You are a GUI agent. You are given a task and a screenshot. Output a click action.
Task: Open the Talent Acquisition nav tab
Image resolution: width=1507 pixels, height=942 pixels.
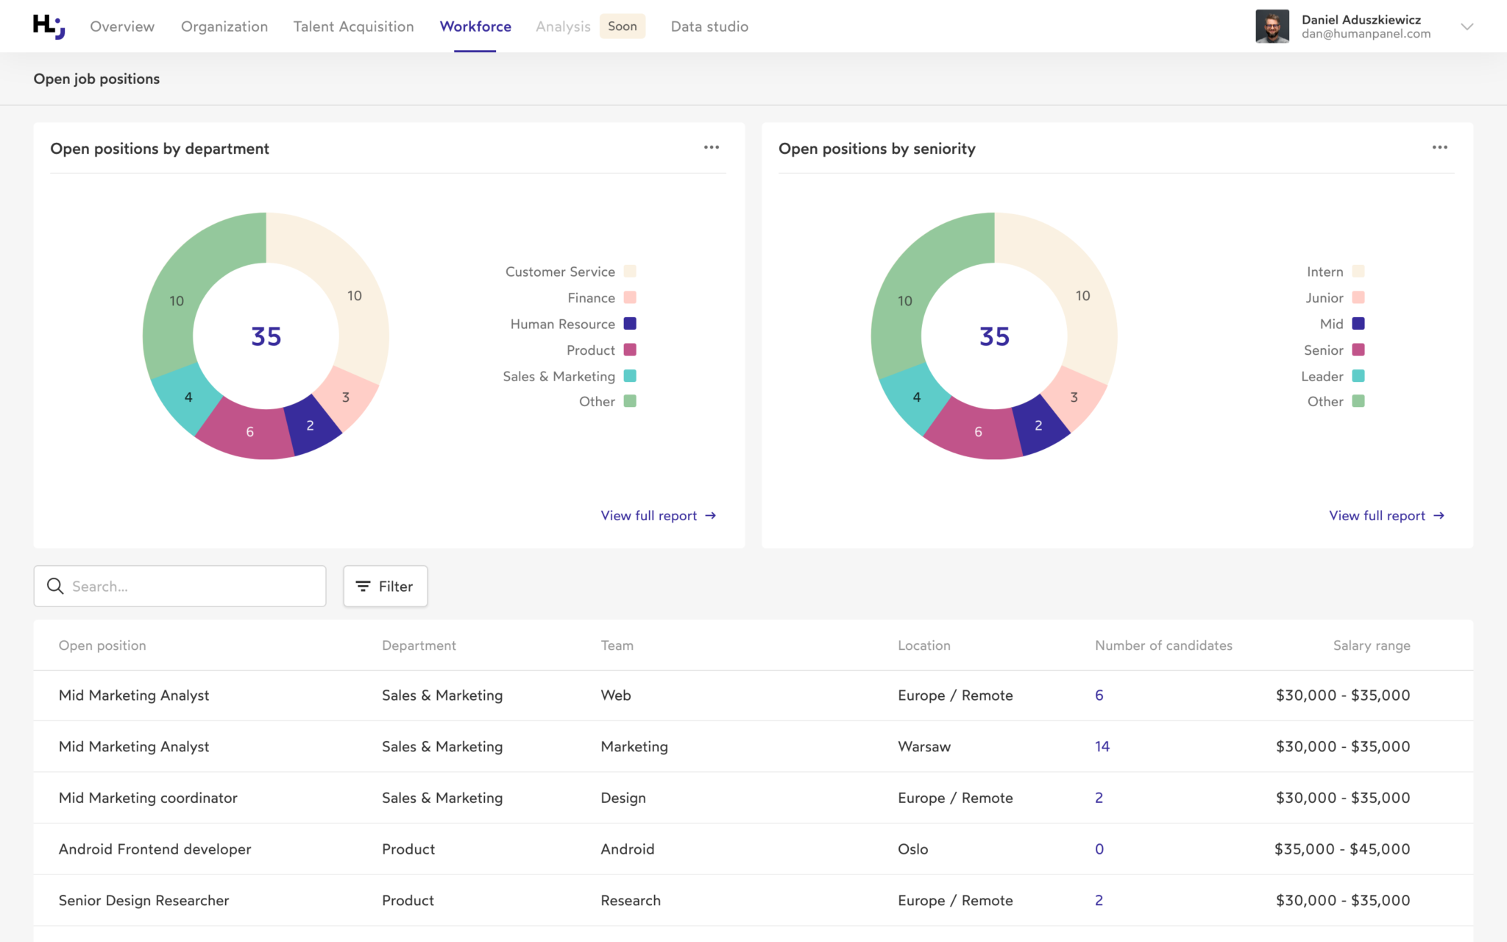pyautogui.click(x=353, y=26)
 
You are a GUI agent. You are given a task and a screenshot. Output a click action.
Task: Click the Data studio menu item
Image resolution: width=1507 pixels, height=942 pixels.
pyautogui.click(x=709, y=26)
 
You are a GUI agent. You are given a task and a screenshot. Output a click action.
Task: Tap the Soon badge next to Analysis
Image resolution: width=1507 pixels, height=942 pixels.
pyautogui.click(x=622, y=26)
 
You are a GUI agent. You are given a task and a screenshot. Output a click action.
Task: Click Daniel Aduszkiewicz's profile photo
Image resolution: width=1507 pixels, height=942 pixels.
pyautogui.click(x=1272, y=26)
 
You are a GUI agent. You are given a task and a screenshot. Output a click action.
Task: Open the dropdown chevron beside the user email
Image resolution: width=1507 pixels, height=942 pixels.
pyautogui.click(x=1467, y=26)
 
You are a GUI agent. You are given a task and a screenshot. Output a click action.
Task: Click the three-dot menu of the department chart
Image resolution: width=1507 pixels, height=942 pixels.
pyautogui.click(x=711, y=147)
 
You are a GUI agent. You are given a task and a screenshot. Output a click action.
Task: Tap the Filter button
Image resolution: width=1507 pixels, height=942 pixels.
pyautogui.click(x=385, y=586)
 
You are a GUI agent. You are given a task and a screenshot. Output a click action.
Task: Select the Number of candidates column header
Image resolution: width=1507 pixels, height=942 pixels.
pyautogui.click(x=1163, y=645)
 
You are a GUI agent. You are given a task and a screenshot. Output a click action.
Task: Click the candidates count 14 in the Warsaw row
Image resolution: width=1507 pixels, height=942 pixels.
pyautogui.click(x=1102, y=746)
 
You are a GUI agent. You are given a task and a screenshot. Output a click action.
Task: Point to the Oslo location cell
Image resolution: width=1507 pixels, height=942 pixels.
pyautogui.click(x=912, y=849)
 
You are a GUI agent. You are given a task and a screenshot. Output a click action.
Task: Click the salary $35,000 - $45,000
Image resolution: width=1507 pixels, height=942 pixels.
pyautogui.click(x=1341, y=849)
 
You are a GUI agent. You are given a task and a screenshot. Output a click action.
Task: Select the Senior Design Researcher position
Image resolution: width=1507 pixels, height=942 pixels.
pyautogui.click(x=143, y=900)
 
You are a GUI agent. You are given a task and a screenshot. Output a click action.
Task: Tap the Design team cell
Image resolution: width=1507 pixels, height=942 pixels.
pyautogui.click(x=623, y=798)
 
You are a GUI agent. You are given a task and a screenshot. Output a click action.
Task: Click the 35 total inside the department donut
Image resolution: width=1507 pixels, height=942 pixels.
pyautogui.click(x=266, y=336)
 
